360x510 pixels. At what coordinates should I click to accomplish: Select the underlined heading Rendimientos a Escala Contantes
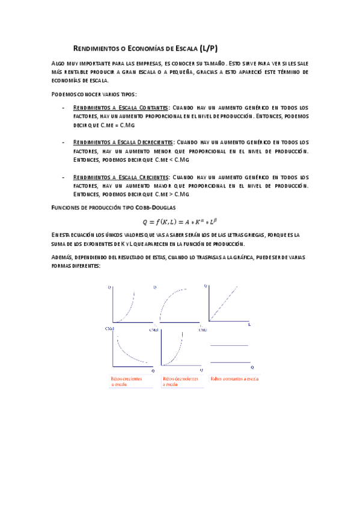click(120, 107)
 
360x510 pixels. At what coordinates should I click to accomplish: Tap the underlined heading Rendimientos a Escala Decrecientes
click(123, 142)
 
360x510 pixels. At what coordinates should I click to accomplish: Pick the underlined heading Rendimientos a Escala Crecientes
click(121, 177)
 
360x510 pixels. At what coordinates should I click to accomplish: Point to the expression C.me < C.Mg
click(172, 159)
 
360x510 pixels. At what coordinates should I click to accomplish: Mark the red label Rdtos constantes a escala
click(234, 379)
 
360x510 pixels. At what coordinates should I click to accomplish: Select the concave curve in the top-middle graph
click(174, 298)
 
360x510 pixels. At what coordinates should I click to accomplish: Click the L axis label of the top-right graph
click(249, 325)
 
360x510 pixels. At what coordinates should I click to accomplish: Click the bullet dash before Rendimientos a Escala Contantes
click(64, 107)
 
